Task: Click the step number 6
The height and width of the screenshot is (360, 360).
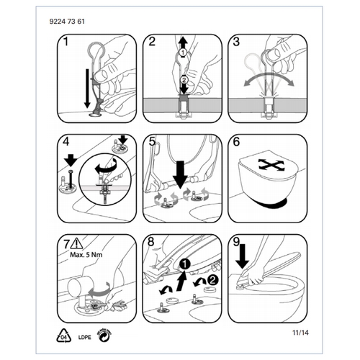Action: coord(235,143)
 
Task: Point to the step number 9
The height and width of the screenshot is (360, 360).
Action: coord(235,243)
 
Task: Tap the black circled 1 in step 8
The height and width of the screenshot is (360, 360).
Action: coord(184,266)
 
